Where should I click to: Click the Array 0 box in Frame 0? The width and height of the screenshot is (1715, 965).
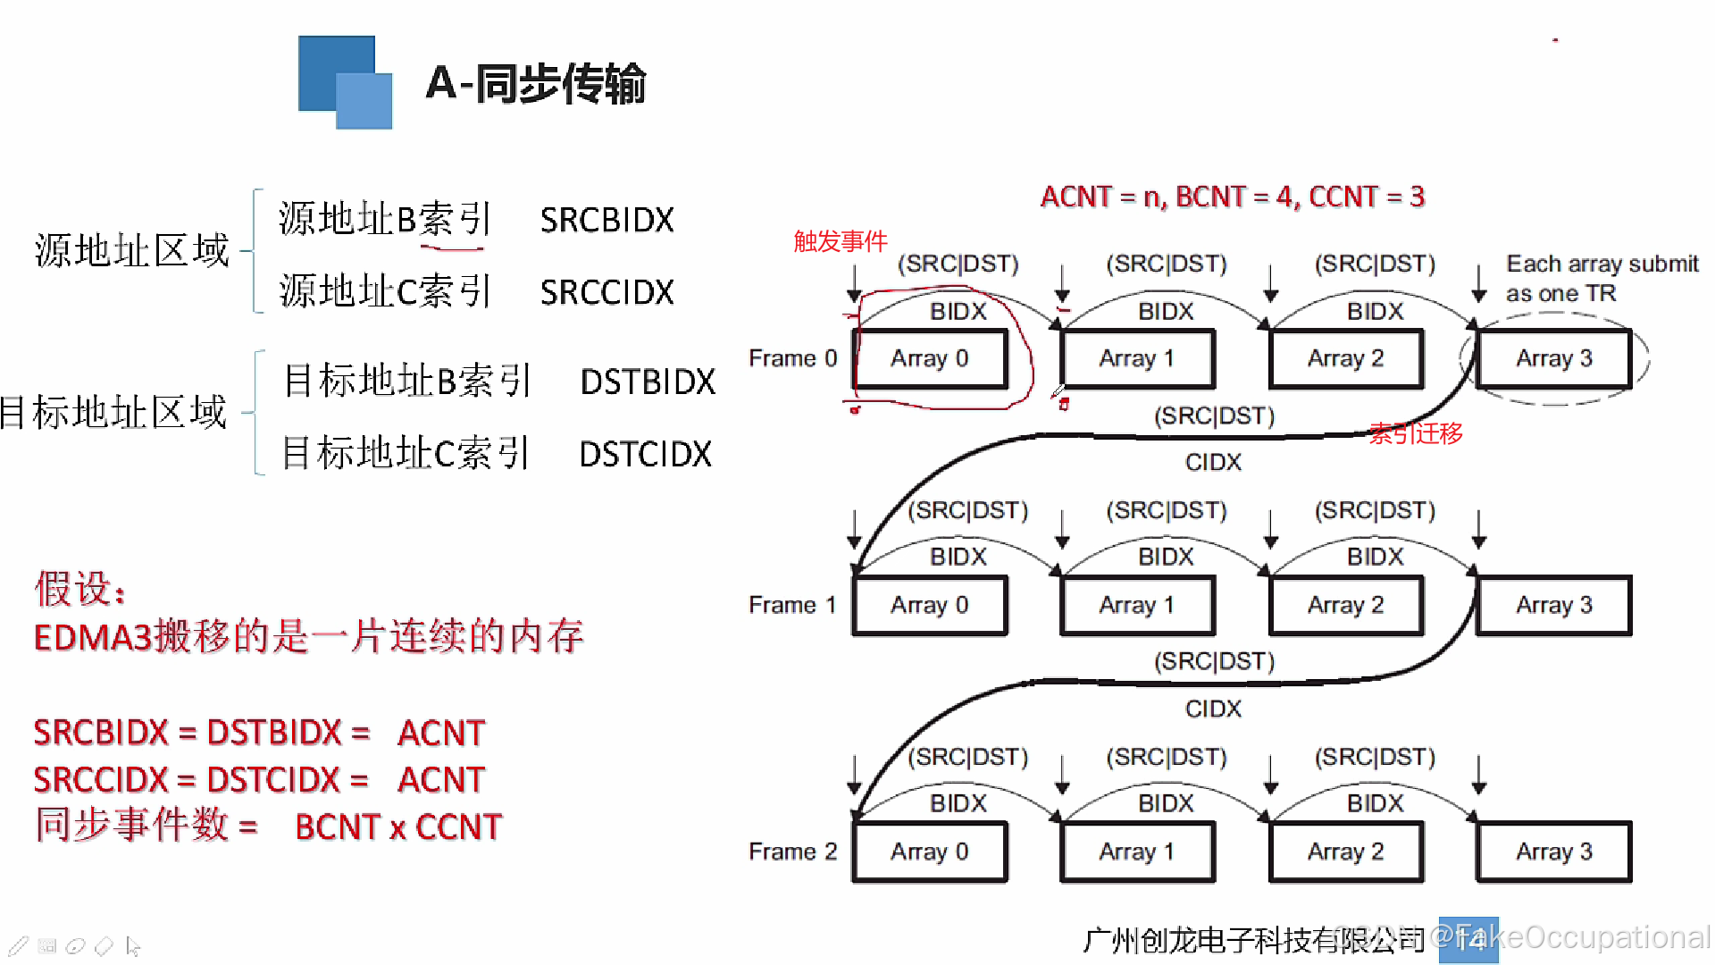point(930,358)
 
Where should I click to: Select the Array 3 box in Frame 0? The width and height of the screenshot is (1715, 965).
point(1553,358)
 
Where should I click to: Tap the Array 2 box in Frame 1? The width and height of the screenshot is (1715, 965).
point(1345,605)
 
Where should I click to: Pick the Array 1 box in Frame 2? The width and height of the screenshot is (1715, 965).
point(1136,852)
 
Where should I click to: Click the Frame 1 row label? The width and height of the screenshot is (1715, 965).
point(792,605)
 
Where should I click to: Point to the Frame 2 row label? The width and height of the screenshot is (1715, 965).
point(792,852)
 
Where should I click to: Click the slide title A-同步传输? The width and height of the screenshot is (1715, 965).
point(535,83)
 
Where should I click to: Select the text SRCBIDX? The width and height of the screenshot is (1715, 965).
point(607,220)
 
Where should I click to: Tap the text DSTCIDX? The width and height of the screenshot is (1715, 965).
point(645,455)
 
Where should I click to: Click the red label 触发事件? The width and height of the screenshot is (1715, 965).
point(840,241)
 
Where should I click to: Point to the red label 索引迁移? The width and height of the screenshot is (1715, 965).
point(1416,434)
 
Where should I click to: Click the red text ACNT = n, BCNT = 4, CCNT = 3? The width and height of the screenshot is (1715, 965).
point(1233,197)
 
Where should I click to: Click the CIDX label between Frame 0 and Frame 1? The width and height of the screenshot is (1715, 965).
point(1213,463)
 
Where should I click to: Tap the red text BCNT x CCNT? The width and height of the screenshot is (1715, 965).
point(398,827)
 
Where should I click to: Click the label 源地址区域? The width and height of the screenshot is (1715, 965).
point(131,251)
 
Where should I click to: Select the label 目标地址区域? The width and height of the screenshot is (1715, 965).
point(114,413)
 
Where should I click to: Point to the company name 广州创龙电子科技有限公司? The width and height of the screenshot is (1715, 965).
point(1252,940)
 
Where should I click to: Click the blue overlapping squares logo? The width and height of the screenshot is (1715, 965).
point(345,82)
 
